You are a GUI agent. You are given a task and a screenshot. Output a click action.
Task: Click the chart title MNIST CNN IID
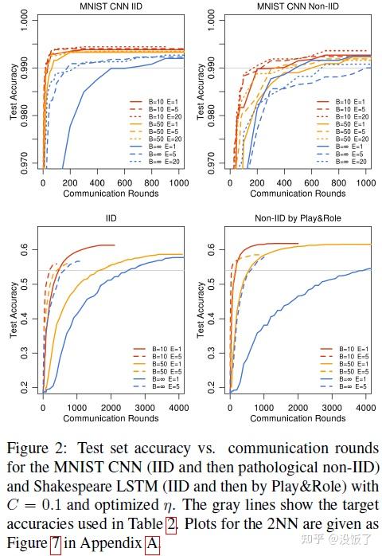(x=99, y=7)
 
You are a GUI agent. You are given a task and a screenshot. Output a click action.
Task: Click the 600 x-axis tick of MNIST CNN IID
(x=123, y=183)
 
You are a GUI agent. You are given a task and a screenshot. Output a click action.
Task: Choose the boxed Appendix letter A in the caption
(x=153, y=544)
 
